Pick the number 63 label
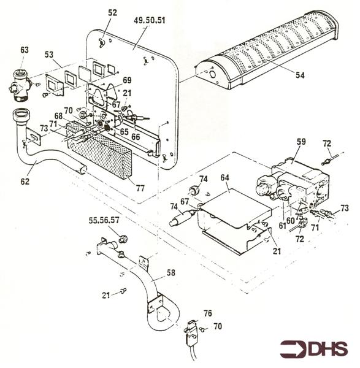25,50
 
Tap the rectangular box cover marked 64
233,212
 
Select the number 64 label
224,177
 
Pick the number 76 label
207,313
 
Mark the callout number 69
127,80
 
